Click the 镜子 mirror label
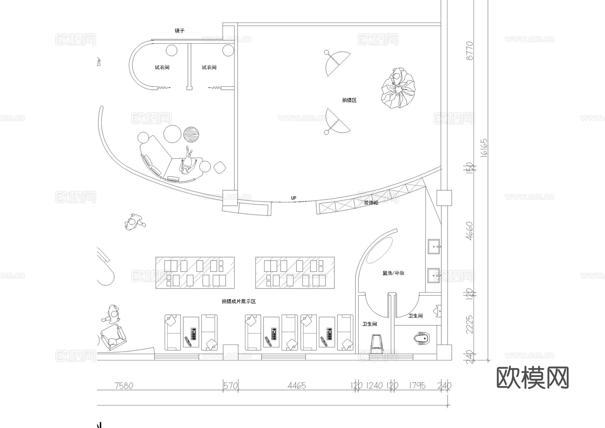click(x=179, y=31)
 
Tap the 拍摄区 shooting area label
click(x=349, y=100)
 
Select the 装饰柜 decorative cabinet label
click(x=371, y=203)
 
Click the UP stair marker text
click(x=293, y=198)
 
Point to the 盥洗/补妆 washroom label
click(x=393, y=273)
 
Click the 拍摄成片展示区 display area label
click(x=239, y=302)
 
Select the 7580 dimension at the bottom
click(x=124, y=385)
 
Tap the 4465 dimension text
click(x=297, y=385)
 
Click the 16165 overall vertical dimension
click(x=483, y=148)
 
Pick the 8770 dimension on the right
click(x=470, y=51)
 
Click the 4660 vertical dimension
click(x=470, y=231)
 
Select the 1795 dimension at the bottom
click(x=417, y=385)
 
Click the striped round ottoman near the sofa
click(x=192, y=134)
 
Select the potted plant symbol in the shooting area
click(x=398, y=88)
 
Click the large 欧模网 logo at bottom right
click(x=532, y=378)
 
